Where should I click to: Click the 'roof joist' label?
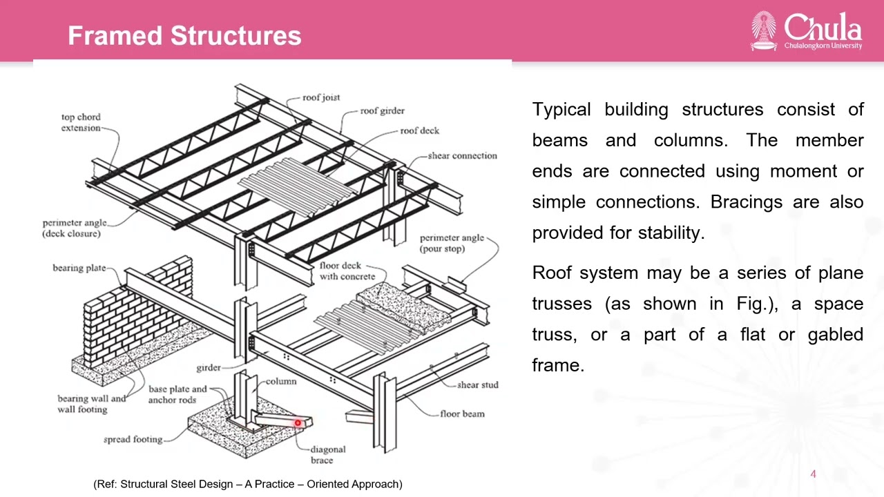coord(321,97)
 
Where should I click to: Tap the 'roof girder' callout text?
coord(383,111)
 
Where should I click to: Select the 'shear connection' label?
coord(463,156)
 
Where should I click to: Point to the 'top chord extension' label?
coord(81,122)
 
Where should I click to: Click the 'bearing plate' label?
coord(79,269)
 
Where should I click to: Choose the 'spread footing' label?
coord(133,440)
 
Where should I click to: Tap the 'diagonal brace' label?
coord(327,455)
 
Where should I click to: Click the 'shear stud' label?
coord(477,385)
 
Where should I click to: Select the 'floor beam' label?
coord(462,413)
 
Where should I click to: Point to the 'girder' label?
coord(209,368)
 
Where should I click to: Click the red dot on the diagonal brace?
coord(298,423)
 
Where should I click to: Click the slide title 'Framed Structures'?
coord(184,35)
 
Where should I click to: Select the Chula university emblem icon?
coord(764,30)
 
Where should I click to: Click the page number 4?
coord(813,474)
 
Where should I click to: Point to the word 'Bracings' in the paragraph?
coord(747,202)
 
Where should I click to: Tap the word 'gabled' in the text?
coord(836,335)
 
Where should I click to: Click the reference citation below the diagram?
coord(248,484)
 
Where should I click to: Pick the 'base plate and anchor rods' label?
coord(177,394)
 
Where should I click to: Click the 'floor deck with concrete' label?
coord(347,271)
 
